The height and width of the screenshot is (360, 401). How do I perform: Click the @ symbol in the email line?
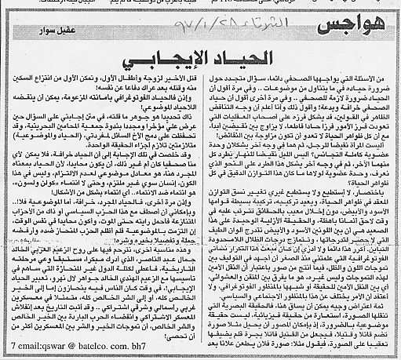pyautogui.click(x=70, y=347)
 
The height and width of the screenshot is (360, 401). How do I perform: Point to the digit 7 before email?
pyautogui.click(x=7, y=347)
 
